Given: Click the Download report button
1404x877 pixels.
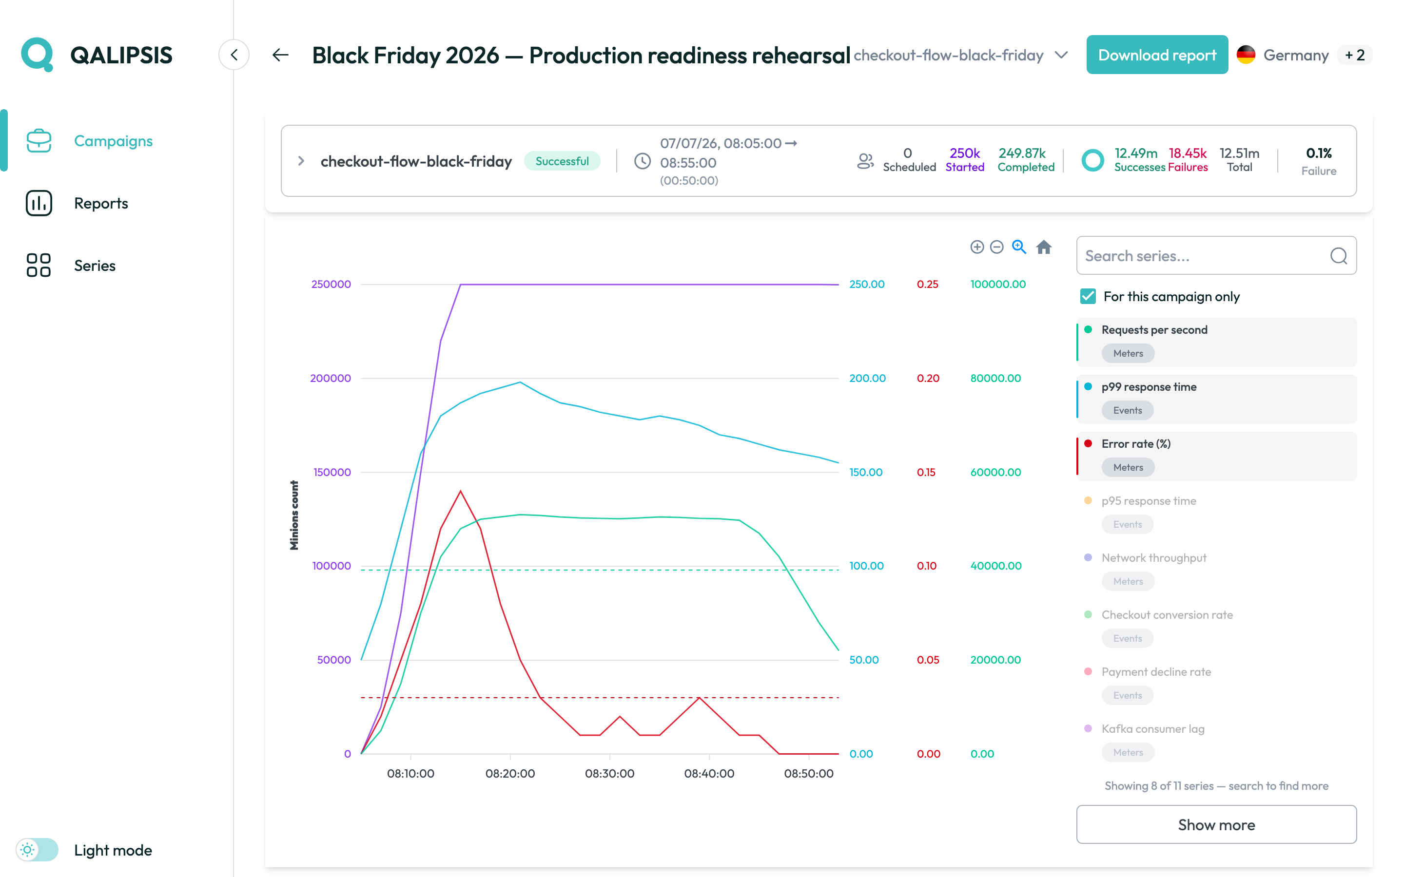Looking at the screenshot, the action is pos(1157,55).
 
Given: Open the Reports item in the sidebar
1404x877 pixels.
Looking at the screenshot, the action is pos(101,203).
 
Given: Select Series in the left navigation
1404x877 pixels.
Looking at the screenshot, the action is pos(95,266).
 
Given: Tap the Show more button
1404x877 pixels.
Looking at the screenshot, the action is pos(1216,824).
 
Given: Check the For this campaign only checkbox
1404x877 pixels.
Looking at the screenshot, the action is pos(1088,296).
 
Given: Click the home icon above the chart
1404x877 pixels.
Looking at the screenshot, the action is pos(1044,247).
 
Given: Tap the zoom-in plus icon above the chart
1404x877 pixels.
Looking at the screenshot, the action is pos(977,247).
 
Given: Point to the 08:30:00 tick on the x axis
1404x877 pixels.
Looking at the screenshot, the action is pos(610,773).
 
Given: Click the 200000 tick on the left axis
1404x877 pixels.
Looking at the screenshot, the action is pos(331,378).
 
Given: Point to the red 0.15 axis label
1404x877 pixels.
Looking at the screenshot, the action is pos(926,472).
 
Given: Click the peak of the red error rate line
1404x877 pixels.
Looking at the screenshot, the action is pos(461,491).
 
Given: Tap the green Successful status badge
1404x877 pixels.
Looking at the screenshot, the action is pos(562,161).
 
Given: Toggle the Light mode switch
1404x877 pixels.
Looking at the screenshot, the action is pos(37,850).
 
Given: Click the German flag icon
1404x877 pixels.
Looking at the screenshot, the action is pos(1246,55).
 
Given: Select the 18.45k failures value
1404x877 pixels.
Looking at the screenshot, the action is pos(1187,153).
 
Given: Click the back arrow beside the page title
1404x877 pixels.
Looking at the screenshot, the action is pos(281,55).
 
